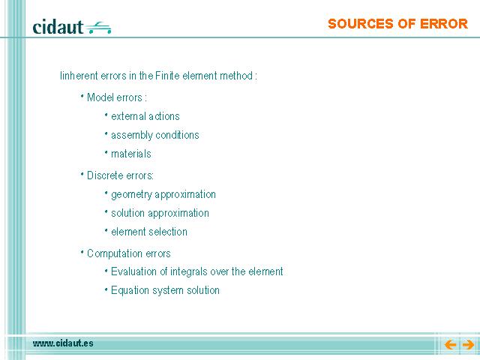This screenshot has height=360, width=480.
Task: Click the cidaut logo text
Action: (58, 27)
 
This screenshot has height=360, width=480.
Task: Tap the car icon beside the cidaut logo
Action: (98, 28)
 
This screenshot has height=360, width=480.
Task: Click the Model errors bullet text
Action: (117, 97)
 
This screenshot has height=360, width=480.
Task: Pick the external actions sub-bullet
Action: (145, 116)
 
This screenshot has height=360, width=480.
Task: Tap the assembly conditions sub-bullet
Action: (155, 135)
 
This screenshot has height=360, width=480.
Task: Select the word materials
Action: (131, 154)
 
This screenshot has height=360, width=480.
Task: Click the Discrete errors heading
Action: (120, 175)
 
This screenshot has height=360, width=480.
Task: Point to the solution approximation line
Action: (160, 213)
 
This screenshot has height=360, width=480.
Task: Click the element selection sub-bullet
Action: (149, 232)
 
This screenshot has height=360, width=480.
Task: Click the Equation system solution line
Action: (165, 290)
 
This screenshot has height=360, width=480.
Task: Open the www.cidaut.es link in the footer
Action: (63, 343)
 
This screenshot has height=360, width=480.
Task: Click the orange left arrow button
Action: (450, 345)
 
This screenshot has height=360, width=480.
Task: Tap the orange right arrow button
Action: (468, 345)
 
